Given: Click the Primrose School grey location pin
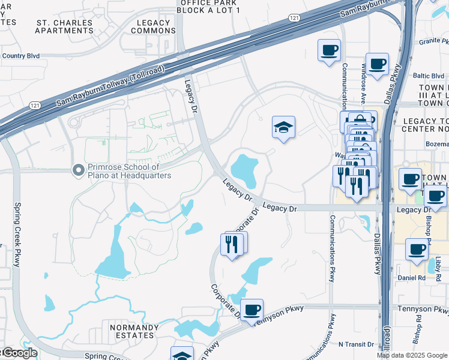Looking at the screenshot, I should [x=77, y=171].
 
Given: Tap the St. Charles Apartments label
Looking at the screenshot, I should [x=64, y=26].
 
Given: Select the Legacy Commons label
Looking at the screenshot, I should [x=153, y=26].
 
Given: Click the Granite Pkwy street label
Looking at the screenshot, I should [x=434, y=42].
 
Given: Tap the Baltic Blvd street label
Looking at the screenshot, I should [x=429, y=76].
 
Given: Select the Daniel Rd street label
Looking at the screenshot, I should [x=411, y=278].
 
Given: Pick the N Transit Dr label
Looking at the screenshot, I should [x=356, y=344].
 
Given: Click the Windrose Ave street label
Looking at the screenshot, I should [x=364, y=83].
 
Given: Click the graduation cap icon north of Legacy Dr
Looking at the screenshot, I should [x=283, y=127].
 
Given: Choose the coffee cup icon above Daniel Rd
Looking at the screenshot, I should [x=416, y=249].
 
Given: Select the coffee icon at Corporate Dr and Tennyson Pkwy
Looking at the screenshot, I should [x=252, y=310].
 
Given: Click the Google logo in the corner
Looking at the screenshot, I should [x=19, y=353].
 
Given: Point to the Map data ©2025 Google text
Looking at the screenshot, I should [x=411, y=355].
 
